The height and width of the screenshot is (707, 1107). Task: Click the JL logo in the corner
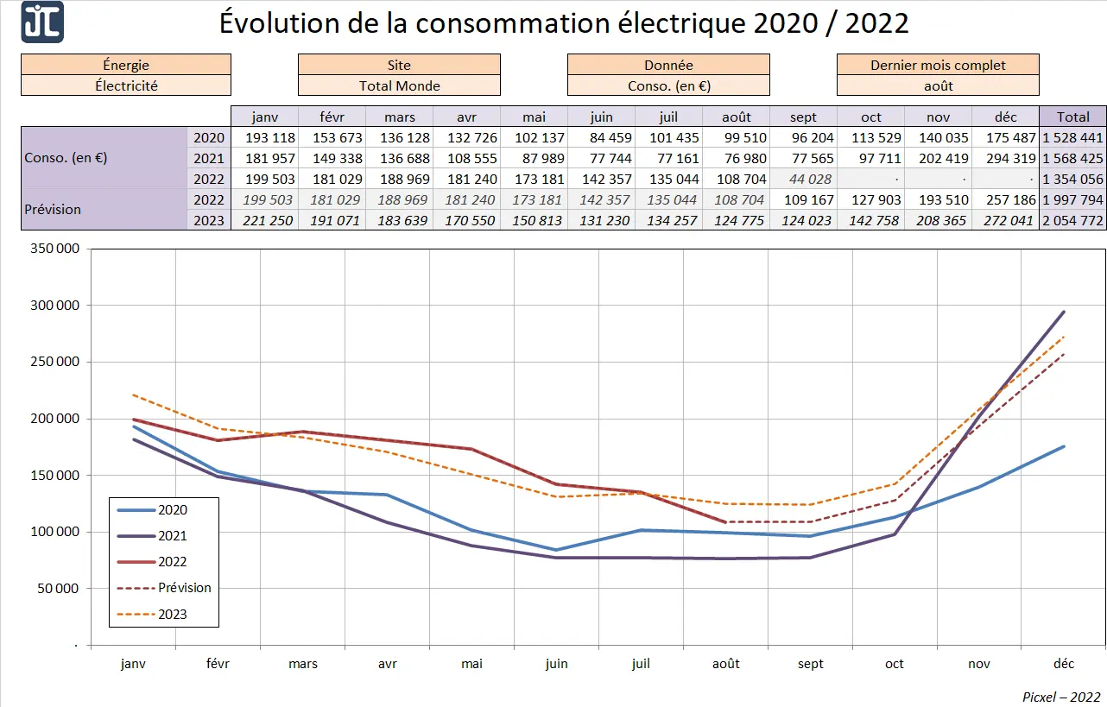pos(42,22)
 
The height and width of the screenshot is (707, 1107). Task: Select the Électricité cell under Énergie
pos(126,85)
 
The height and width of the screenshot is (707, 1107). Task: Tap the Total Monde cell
pos(399,85)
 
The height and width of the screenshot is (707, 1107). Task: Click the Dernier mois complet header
pos(938,65)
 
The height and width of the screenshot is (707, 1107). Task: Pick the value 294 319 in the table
pos(1005,158)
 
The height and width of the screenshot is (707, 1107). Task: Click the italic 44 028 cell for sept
pos(803,179)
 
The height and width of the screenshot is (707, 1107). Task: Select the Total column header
pos(1072,117)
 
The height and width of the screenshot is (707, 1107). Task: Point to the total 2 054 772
pos(1072,220)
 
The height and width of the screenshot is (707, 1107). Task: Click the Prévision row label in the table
pos(54,210)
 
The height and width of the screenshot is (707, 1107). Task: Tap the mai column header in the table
pos(534,117)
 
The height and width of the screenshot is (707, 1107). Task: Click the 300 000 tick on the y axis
pos(55,306)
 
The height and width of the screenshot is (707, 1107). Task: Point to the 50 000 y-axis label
pos(59,589)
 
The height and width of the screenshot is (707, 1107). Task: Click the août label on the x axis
pos(725,664)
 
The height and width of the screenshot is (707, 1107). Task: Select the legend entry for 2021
pos(173,536)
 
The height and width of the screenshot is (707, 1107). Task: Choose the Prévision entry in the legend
pos(184,588)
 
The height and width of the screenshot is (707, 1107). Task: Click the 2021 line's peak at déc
pos(1064,312)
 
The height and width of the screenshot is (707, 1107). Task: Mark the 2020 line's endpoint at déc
pos(1064,446)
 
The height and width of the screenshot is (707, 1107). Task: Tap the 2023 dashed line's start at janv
pos(134,395)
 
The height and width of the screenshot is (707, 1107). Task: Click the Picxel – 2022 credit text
pos(1061,696)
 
